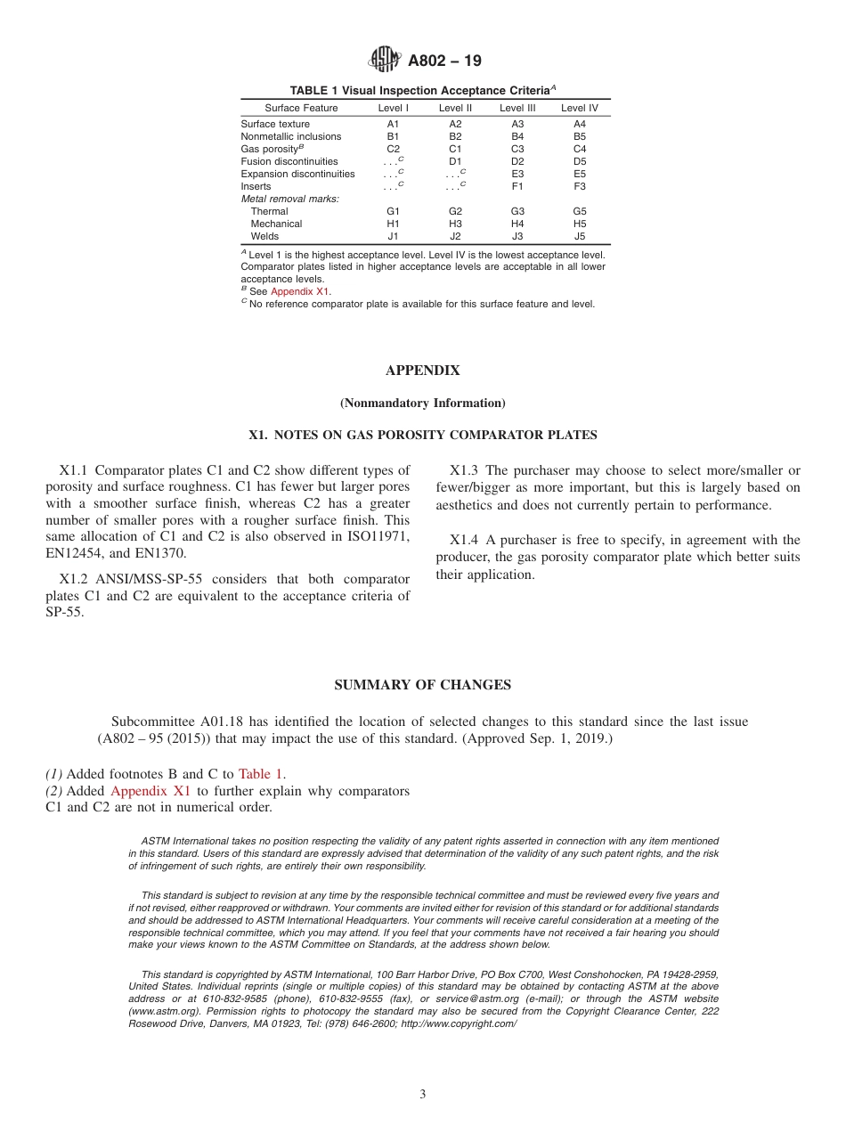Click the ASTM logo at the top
[385, 60]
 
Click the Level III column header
[517, 108]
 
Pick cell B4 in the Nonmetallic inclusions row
[517, 136]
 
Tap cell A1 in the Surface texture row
[393, 124]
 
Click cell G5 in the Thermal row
[580, 211]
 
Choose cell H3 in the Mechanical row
[455, 224]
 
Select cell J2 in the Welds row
[455, 236]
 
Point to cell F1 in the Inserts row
[517, 186]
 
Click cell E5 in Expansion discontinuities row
[580, 174]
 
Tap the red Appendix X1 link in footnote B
[300, 291]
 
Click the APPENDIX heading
[422, 371]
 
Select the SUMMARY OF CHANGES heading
[422, 685]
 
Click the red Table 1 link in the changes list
[262, 774]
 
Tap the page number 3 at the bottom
[423, 1095]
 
